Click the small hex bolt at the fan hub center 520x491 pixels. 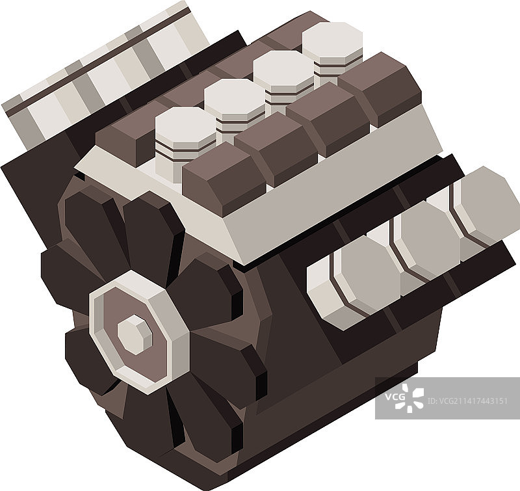tap(135, 335)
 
